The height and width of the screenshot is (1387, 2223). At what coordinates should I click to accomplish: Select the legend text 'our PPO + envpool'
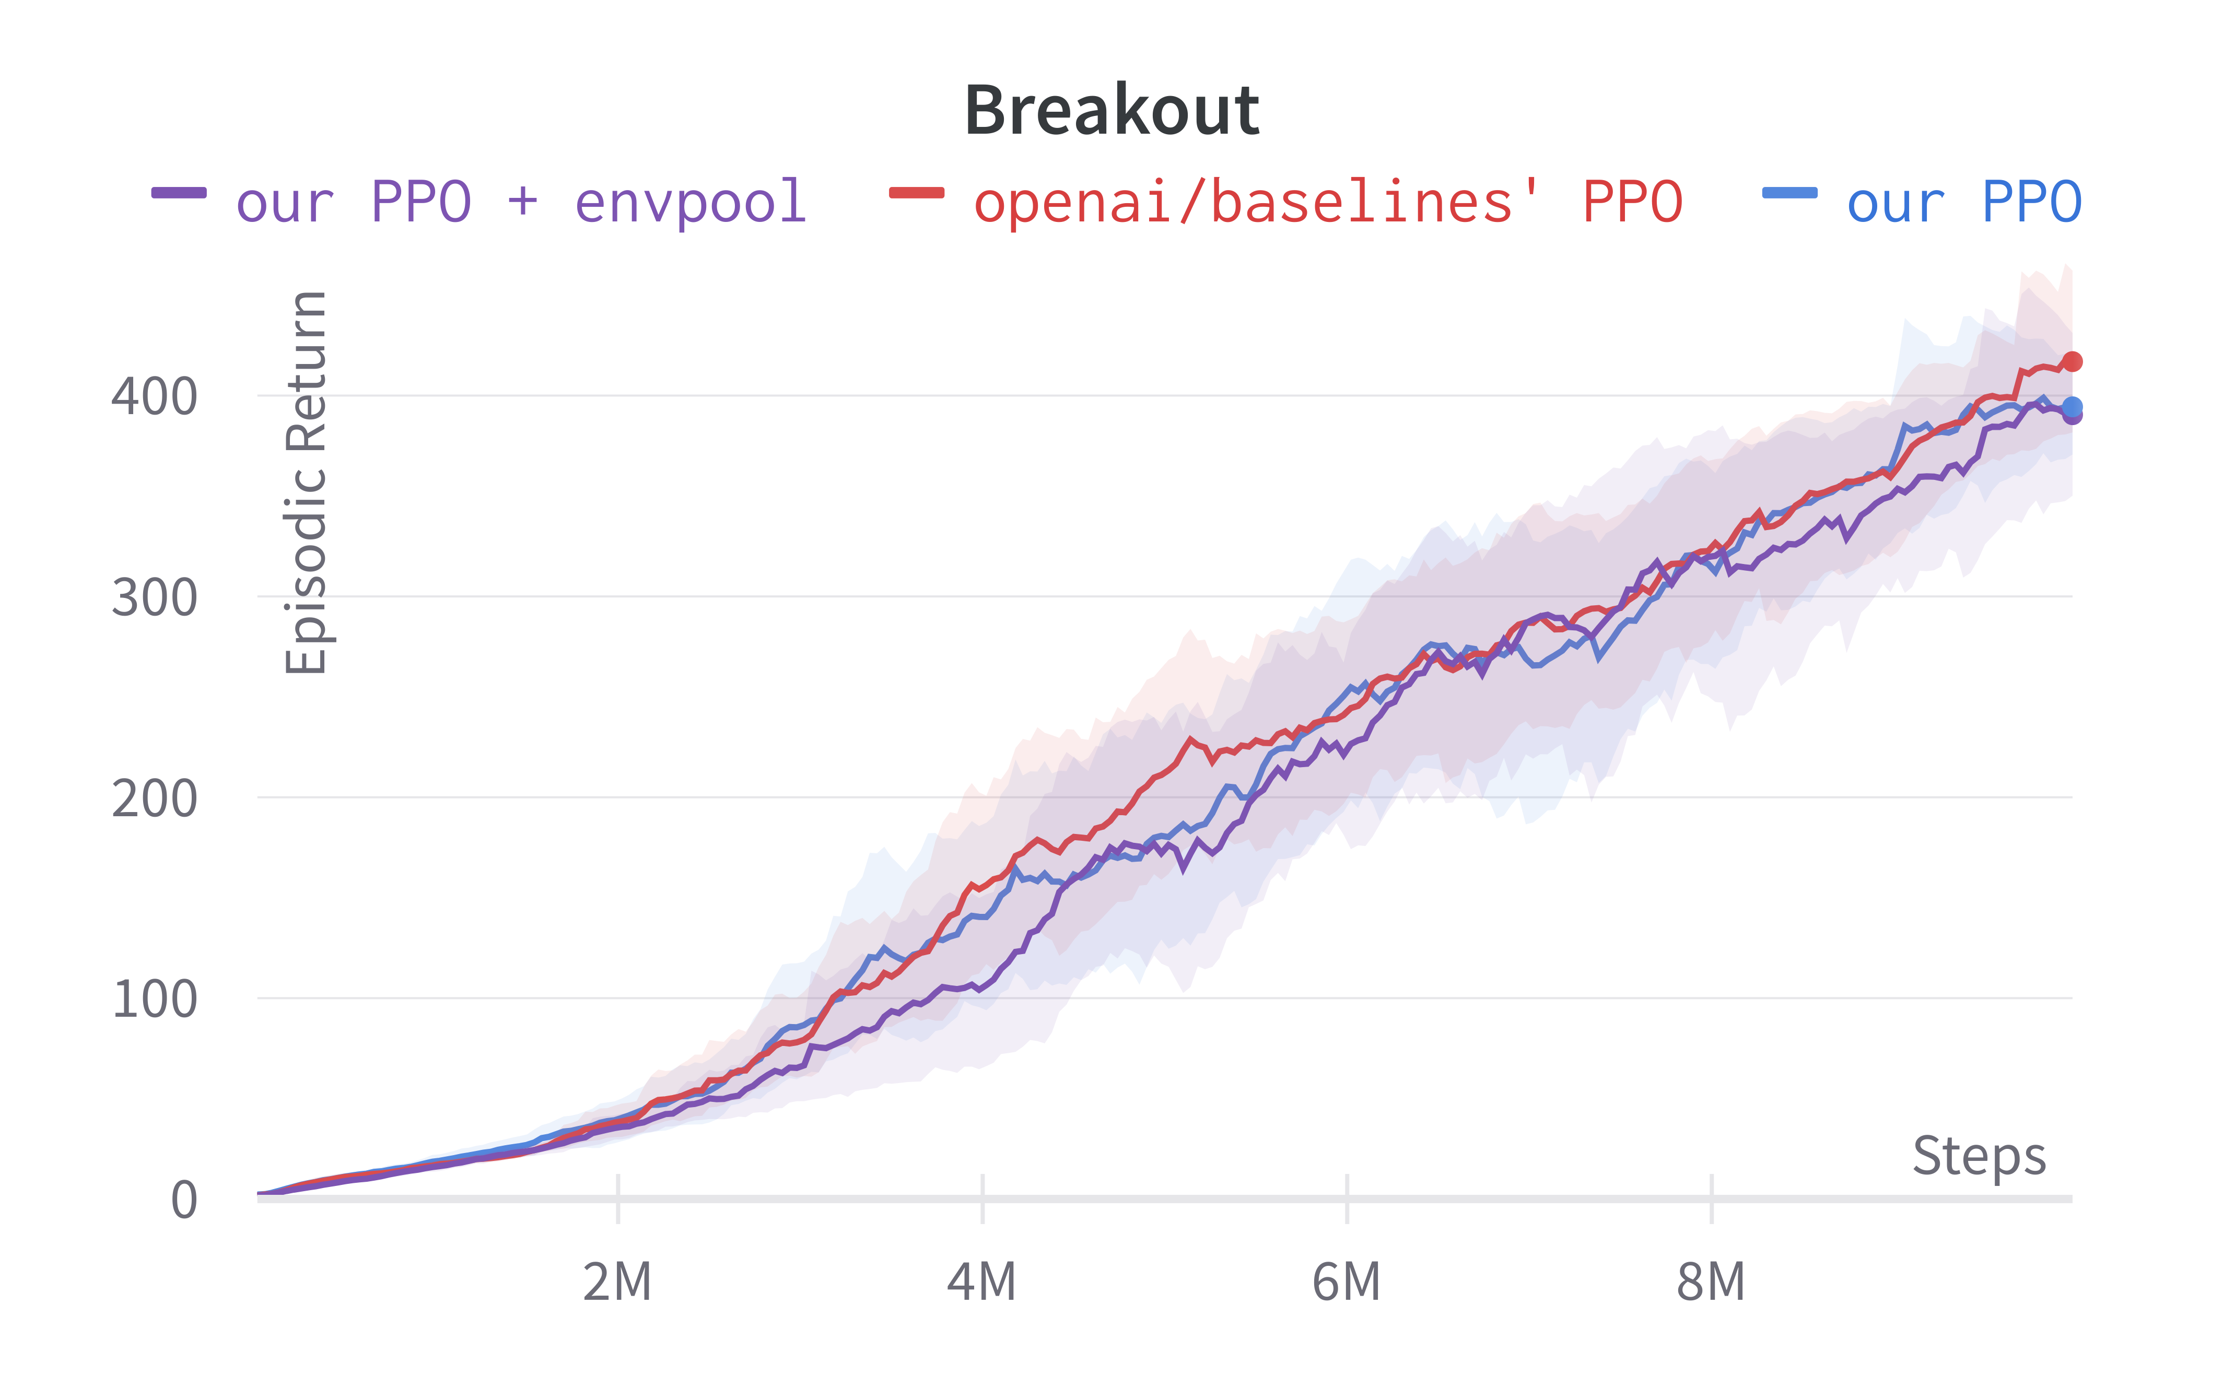coord(521,202)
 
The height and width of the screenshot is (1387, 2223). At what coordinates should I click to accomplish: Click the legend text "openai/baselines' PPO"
coord(1328,202)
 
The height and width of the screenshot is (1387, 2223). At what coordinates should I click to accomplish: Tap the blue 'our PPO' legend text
coord(1963,202)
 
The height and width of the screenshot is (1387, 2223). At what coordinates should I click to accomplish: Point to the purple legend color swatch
coord(179,193)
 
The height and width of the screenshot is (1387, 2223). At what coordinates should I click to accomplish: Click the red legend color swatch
coord(917,193)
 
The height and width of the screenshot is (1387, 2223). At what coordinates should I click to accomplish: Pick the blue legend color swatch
coord(1789,193)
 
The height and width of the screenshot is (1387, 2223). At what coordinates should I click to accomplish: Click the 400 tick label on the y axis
coord(154,397)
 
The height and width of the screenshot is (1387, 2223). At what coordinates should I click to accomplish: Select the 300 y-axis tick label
coord(154,598)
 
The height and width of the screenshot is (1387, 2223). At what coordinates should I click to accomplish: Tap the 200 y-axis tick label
coord(154,798)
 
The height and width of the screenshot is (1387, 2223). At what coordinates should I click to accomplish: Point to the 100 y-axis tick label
coord(154,999)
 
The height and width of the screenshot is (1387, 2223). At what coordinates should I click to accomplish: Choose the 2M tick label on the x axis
coord(617,1282)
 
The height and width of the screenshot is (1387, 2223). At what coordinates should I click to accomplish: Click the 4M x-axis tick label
coord(981,1282)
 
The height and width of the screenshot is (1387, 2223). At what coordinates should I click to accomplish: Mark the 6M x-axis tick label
coord(1346,1282)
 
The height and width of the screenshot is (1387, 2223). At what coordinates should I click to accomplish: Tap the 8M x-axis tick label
coord(1710,1282)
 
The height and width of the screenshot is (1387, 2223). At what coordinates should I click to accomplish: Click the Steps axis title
coord(1979,1156)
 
